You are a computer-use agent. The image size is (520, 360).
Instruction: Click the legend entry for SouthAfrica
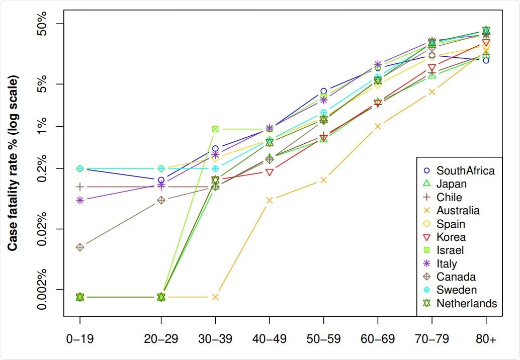click(x=465, y=171)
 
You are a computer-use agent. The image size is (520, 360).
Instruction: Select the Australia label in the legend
click(x=458, y=211)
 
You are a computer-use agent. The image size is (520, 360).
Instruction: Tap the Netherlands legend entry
click(x=466, y=304)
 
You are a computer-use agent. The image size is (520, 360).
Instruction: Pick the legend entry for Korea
click(x=451, y=237)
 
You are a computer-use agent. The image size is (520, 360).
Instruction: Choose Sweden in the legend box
click(x=456, y=290)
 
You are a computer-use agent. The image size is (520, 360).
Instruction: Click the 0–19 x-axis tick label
click(x=79, y=339)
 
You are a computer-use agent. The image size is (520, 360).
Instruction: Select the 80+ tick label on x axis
click(x=486, y=339)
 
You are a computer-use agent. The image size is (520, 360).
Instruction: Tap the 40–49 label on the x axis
click(x=270, y=339)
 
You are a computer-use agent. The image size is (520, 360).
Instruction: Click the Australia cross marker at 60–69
click(x=378, y=126)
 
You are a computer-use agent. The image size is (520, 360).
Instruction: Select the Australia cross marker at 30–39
click(x=215, y=297)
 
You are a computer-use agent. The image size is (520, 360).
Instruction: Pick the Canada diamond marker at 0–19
click(x=79, y=247)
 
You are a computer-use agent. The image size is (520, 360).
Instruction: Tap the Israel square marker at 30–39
click(x=215, y=129)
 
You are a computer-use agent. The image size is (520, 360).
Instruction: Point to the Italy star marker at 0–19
click(x=79, y=200)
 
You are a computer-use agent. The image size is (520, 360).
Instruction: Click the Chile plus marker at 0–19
click(x=79, y=187)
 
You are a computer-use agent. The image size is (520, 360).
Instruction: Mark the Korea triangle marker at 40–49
click(x=270, y=172)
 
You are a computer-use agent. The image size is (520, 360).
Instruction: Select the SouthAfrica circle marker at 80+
click(x=486, y=60)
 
